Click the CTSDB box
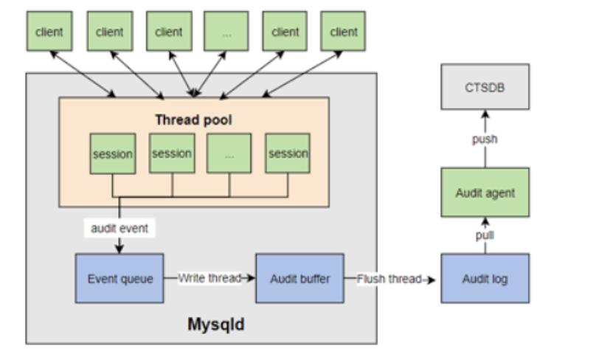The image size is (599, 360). click(485, 86)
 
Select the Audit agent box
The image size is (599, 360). click(485, 193)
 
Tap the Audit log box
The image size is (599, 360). click(485, 278)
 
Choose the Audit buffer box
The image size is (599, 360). click(299, 278)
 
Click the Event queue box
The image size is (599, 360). click(120, 278)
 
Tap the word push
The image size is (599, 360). click(485, 139)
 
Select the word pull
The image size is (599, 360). click(485, 235)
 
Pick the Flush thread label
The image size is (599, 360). click(389, 278)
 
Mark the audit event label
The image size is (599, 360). click(119, 229)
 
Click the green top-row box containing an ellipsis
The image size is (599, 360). click(226, 32)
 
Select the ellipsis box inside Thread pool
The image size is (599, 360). click(229, 154)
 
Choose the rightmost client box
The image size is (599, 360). click(343, 32)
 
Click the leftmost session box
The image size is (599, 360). click(113, 154)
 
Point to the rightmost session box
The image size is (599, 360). click(288, 154)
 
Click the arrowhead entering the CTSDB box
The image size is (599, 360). click(485, 113)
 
